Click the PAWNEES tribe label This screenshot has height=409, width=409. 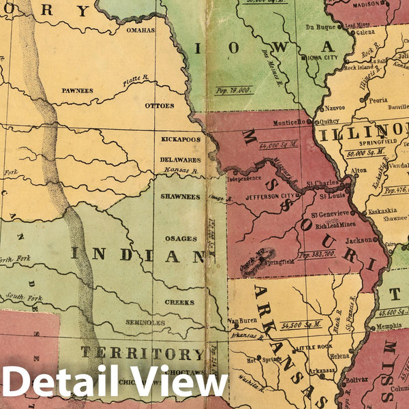(77, 89)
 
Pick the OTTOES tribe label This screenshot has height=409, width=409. (160, 106)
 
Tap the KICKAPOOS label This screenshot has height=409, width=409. (181, 139)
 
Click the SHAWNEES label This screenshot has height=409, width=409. (181, 196)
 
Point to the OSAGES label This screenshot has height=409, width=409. (181, 239)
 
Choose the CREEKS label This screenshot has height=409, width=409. (179, 302)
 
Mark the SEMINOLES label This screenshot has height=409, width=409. (145, 322)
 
